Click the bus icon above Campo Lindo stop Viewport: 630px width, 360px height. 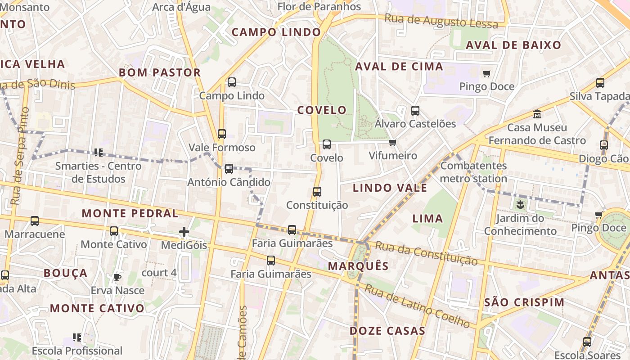click(232, 82)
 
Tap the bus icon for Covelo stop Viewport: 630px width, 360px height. click(327, 144)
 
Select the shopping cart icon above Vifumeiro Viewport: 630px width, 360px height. click(393, 143)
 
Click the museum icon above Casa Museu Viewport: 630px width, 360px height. click(537, 114)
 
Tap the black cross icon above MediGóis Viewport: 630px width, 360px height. click(184, 232)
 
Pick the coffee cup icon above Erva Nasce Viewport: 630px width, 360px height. click(117, 277)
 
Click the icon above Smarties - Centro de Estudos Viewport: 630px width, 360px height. click(99, 153)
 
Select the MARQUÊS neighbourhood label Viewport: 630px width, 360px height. click(358, 266)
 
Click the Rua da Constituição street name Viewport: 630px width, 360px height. click(426, 253)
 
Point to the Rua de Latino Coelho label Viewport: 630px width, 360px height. click(417, 306)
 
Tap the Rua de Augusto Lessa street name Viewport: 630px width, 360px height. click(441, 21)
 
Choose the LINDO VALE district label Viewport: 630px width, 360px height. click(390, 188)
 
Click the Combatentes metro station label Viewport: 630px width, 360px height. click(473, 172)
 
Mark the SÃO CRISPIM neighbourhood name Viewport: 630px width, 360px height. click(524, 302)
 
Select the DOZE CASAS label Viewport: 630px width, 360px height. click(387, 331)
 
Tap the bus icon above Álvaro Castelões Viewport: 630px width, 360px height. click(415, 110)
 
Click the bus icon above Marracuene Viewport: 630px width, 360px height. click(35, 221)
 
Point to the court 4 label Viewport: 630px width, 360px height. click(159, 273)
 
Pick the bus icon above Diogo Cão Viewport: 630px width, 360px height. click(604, 145)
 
